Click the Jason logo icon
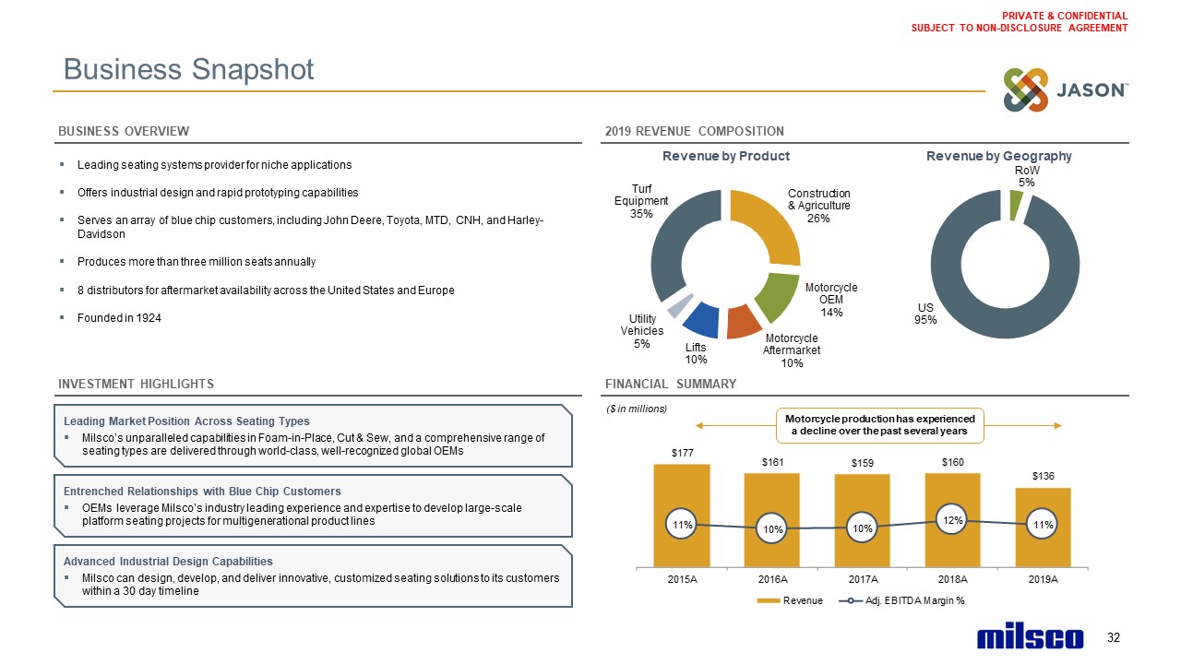[1026, 90]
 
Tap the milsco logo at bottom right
[1030, 638]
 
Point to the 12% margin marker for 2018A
[953, 520]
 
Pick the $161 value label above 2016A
[772, 461]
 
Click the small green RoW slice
[1015, 207]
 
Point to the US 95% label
[926, 314]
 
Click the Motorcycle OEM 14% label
[831, 300]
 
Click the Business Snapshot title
[189, 69]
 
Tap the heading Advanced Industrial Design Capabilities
[168, 561]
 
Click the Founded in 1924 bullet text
[120, 318]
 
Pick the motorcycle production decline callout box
[879, 424]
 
